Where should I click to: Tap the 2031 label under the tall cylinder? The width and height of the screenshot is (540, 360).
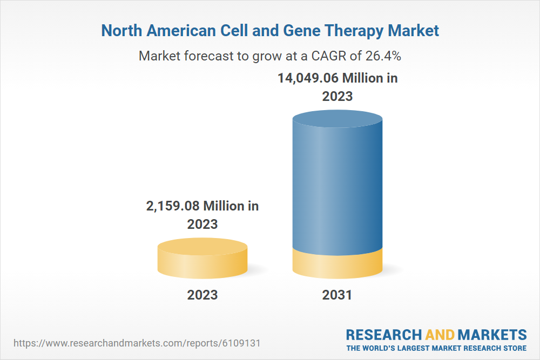pos(337,295)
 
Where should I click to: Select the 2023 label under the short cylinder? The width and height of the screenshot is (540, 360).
pos(202,295)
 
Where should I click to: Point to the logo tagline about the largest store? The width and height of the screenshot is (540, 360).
pos(436,348)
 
